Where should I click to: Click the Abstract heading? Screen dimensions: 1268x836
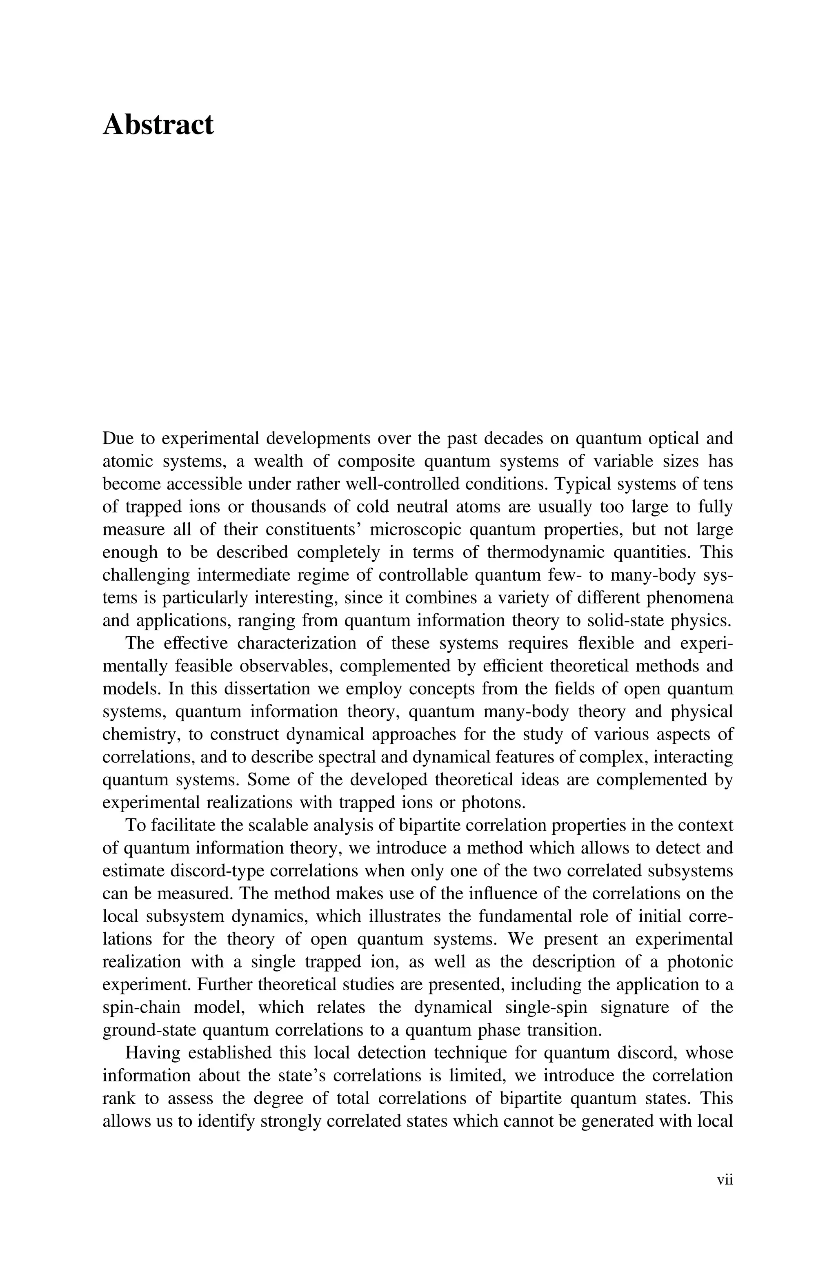click(x=158, y=125)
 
